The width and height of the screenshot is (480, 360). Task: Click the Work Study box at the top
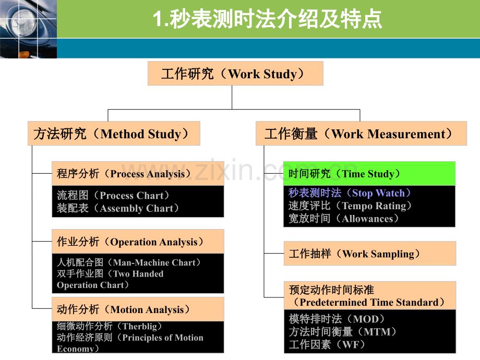235,74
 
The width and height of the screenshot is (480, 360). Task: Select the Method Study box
114,134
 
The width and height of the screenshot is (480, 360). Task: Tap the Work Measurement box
361,134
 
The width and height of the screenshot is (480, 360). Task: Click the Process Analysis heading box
138,174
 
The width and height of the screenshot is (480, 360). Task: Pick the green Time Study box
369,174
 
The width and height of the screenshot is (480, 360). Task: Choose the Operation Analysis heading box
138,242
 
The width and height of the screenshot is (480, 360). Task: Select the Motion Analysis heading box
138,309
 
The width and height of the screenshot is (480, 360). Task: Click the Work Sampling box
369,254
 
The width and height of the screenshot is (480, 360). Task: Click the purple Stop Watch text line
350,193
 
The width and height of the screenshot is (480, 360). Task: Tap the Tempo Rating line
350,206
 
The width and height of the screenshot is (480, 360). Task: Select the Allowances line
344,218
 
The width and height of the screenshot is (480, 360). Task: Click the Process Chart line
114,196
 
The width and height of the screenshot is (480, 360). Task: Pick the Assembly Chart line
118,208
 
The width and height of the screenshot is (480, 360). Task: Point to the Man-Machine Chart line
129,262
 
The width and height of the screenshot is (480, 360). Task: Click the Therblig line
110,326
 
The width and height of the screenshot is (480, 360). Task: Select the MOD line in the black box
337,319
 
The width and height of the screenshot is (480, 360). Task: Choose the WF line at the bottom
328,344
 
